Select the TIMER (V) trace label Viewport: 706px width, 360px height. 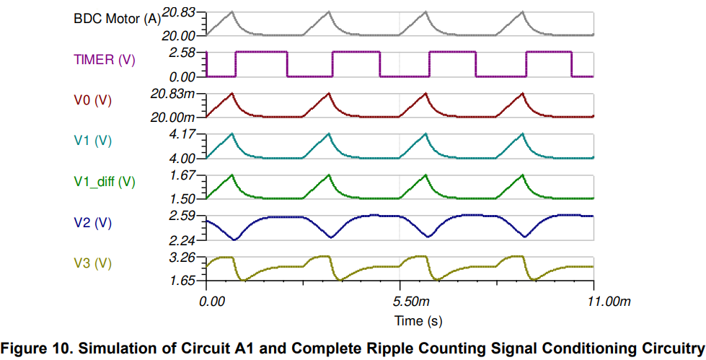click(104, 60)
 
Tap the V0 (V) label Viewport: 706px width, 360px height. click(92, 100)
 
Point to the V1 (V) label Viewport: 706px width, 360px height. click(92, 141)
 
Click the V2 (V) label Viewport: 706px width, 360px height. click(92, 223)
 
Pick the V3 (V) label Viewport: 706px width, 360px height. click(92, 263)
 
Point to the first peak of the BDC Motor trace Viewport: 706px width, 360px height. click(232, 12)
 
